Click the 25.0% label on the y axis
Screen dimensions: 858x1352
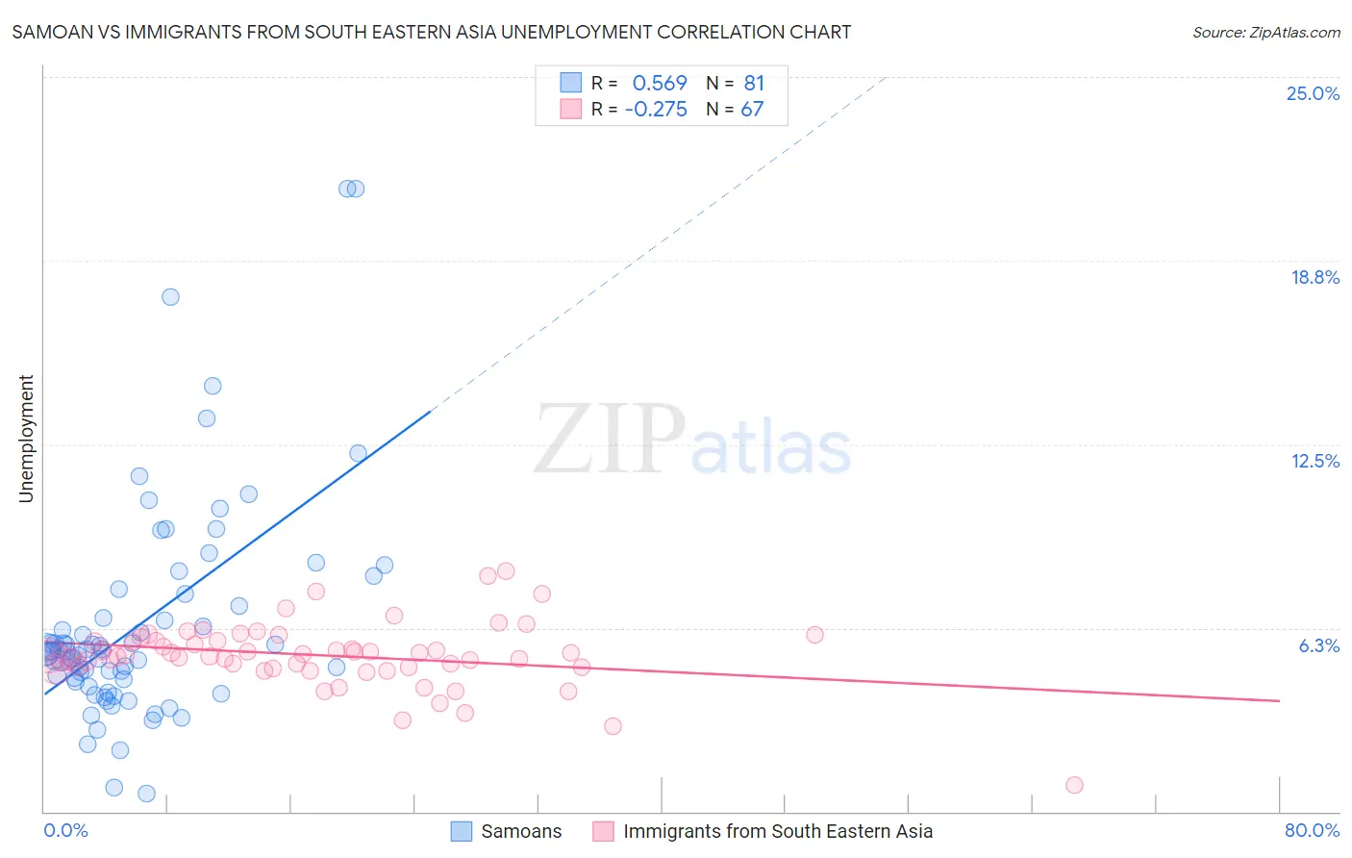[x=1313, y=93]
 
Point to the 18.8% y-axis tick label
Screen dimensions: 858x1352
[x=1314, y=277]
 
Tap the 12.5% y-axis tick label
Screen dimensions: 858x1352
[x=1314, y=461]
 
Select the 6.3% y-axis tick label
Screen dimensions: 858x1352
[x=1318, y=645]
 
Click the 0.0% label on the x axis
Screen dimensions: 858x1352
[x=65, y=830]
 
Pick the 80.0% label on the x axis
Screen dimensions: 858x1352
[x=1312, y=830]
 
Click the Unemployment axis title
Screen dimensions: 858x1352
[x=26, y=439]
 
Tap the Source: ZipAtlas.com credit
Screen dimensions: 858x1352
[x=1265, y=32]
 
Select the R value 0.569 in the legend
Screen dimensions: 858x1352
[x=659, y=83]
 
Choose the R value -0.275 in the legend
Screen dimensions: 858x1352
[x=655, y=109]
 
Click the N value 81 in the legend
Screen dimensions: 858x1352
[x=754, y=83]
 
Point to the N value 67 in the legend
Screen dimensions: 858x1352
[x=752, y=109]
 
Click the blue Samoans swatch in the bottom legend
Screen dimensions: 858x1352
[x=462, y=831]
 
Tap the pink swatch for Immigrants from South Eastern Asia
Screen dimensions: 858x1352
[x=603, y=831]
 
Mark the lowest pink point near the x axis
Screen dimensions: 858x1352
[x=1074, y=785]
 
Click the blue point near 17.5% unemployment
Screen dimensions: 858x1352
[x=170, y=296]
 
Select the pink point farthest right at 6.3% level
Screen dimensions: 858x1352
[x=814, y=634]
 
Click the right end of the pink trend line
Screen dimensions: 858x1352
[x=1279, y=701]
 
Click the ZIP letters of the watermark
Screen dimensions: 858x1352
[x=610, y=439]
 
